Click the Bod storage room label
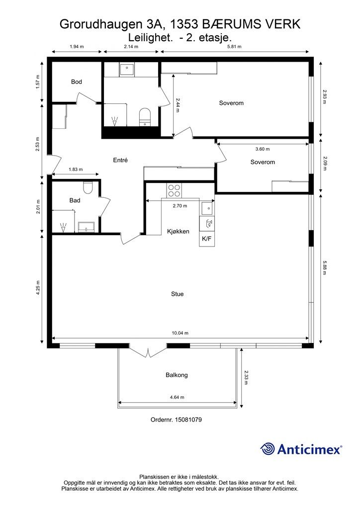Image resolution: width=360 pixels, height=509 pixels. click(76, 82)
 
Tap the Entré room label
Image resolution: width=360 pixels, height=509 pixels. click(120, 160)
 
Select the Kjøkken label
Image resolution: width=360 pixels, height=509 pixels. click(178, 232)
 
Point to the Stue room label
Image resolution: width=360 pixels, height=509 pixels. click(177, 294)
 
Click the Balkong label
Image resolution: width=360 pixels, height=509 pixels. click(177, 375)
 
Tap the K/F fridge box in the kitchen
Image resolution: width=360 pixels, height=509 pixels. click(207, 239)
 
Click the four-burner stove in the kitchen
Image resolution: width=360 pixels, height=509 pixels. click(175, 190)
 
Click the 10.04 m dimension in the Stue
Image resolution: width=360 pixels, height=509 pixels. click(180, 333)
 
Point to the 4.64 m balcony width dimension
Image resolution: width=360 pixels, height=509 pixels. click(177, 397)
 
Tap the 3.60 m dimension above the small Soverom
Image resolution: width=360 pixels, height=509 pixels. click(262, 149)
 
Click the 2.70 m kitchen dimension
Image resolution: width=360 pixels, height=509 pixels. click(180, 205)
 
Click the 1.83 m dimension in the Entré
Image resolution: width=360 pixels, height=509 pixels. click(76, 169)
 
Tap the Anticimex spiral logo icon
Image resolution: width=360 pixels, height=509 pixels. click(268, 449)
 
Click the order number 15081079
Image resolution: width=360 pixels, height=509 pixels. click(188, 420)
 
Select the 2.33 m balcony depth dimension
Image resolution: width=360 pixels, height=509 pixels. click(246, 378)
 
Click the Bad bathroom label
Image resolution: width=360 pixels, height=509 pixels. click(75, 200)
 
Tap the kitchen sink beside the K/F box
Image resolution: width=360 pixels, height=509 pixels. click(207, 208)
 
